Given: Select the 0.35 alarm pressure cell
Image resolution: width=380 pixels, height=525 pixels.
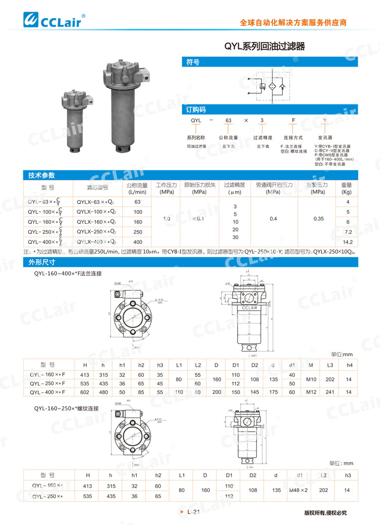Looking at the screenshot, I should [318, 219].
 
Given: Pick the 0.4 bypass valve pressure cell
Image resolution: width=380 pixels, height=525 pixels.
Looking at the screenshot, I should [273, 219].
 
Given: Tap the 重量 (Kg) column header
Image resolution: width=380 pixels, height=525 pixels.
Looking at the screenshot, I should [348, 188].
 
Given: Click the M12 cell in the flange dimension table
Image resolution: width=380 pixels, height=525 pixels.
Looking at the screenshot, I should [310, 392].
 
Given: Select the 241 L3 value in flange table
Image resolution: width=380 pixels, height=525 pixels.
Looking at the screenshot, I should [330, 392].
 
